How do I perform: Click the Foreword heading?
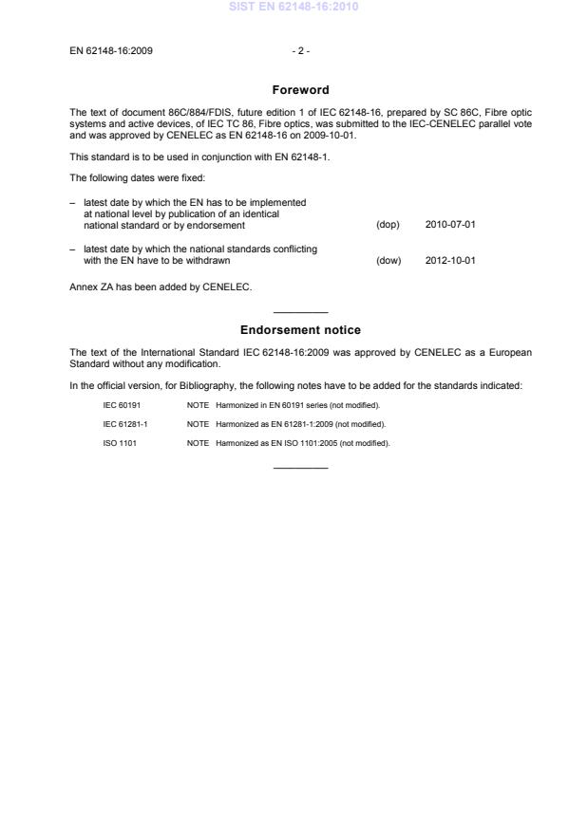pos(300,90)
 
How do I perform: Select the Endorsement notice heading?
pos(300,330)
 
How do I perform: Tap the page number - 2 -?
pos(300,51)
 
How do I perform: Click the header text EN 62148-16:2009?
pos(106,51)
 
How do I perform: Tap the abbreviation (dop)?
pos(388,225)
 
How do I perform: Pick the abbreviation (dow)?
pos(389,260)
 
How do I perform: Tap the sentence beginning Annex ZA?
pos(161,287)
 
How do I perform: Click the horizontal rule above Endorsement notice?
pos(300,312)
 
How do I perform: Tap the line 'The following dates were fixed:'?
pos(127,176)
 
